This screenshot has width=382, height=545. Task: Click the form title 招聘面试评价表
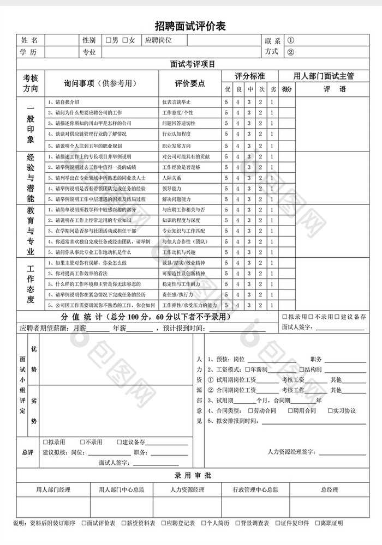[190, 26]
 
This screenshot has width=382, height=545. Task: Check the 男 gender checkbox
[108, 40]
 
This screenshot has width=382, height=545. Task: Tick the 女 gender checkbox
[126, 40]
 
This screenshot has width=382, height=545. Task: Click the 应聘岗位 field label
[158, 40]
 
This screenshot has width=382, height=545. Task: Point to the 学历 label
[29, 52]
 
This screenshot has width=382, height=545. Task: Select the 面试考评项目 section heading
[193, 64]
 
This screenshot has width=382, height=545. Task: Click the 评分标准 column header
[249, 76]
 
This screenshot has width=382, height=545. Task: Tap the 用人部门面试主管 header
[324, 76]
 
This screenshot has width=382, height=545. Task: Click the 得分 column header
[288, 89]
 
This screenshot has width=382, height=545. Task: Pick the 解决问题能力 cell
[176, 199]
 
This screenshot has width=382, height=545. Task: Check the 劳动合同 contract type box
[250, 410]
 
